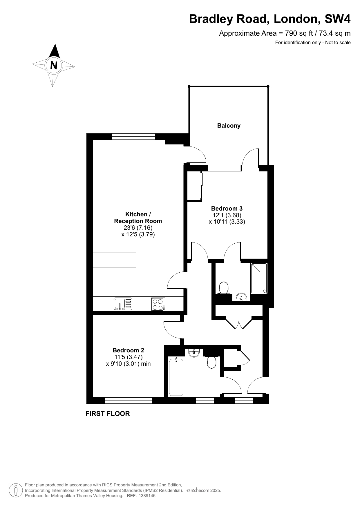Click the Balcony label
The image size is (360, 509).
pyautogui.click(x=229, y=126)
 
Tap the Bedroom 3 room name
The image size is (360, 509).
pyautogui.click(x=227, y=208)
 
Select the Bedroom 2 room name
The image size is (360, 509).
pyautogui.click(x=128, y=350)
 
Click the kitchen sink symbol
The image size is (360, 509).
pyautogui.click(x=123, y=304)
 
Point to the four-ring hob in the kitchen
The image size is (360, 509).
pyautogui.click(x=158, y=304)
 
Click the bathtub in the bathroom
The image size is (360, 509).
pyautogui.click(x=176, y=377)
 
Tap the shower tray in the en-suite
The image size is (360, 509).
pyautogui.click(x=259, y=278)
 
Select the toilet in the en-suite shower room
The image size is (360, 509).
pyautogui.click(x=224, y=288)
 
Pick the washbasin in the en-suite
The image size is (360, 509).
pyautogui.click(x=241, y=297)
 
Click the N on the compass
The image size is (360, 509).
pyautogui.click(x=54, y=65)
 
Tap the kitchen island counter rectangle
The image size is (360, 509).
pyautogui.click(x=114, y=260)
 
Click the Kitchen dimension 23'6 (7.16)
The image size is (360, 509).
pyautogui.click(x=138, y=228)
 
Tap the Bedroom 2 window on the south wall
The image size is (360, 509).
pyautogui.click(x=129, y=401)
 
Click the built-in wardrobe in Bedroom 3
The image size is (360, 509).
pyautogui.click(x=194, y=186)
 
